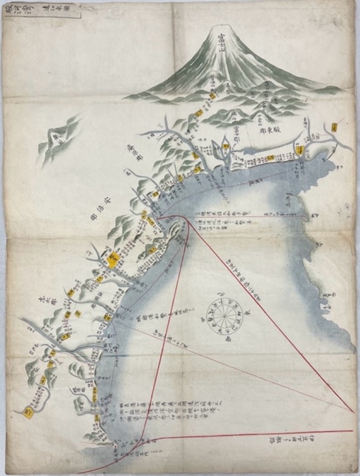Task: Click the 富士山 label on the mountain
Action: (221, 42)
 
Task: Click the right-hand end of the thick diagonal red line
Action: (352, 411)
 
